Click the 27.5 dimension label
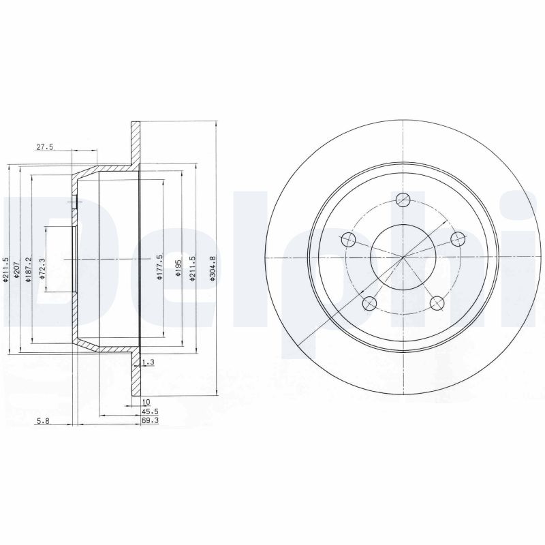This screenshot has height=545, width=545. [44, 147]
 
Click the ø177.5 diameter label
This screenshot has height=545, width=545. [160, 267]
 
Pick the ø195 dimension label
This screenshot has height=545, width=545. [178, 268]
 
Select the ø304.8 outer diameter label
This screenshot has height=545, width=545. [213, 268]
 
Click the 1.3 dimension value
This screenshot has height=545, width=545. [149, 362]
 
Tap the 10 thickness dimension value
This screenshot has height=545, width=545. [146, 402]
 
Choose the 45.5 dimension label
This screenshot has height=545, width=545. [150, 411]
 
